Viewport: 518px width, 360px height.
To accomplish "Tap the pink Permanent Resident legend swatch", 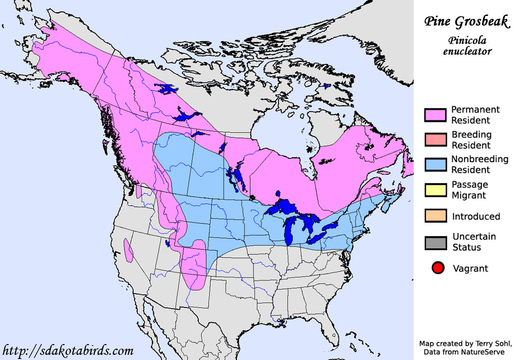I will (435, 115).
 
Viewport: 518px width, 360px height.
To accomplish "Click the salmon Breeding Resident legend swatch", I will (435, 140).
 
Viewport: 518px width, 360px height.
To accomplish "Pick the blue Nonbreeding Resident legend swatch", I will (435, 165).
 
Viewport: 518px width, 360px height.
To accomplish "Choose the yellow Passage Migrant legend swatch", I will (435, 190).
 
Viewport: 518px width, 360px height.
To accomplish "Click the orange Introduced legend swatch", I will (435, 216).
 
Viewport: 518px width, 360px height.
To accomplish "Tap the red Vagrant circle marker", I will (438, 268).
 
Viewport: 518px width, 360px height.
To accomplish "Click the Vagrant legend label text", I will (470, 268).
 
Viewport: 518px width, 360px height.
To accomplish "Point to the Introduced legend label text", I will (476, 216).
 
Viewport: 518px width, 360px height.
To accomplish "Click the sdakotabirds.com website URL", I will (68, 351).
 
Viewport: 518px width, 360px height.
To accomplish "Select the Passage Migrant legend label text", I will (469, 190).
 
